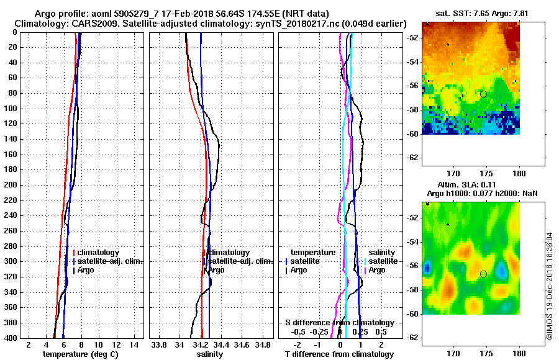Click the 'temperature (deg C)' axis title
coord(80,354)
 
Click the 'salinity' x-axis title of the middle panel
coord(209,354)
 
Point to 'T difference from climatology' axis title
coord(339,354)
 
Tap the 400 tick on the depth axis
coord(12,338)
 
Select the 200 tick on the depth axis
coord(12,185)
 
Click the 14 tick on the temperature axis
coord(134,344)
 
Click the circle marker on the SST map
coord(483,94)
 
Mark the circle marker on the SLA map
coord(483,274)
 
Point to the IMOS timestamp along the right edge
coord(550,286)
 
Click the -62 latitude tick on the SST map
coord(412,158)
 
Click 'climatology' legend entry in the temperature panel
coord(99,253)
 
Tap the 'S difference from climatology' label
coord(339,323)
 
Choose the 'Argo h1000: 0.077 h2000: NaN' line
coord(482,194)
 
